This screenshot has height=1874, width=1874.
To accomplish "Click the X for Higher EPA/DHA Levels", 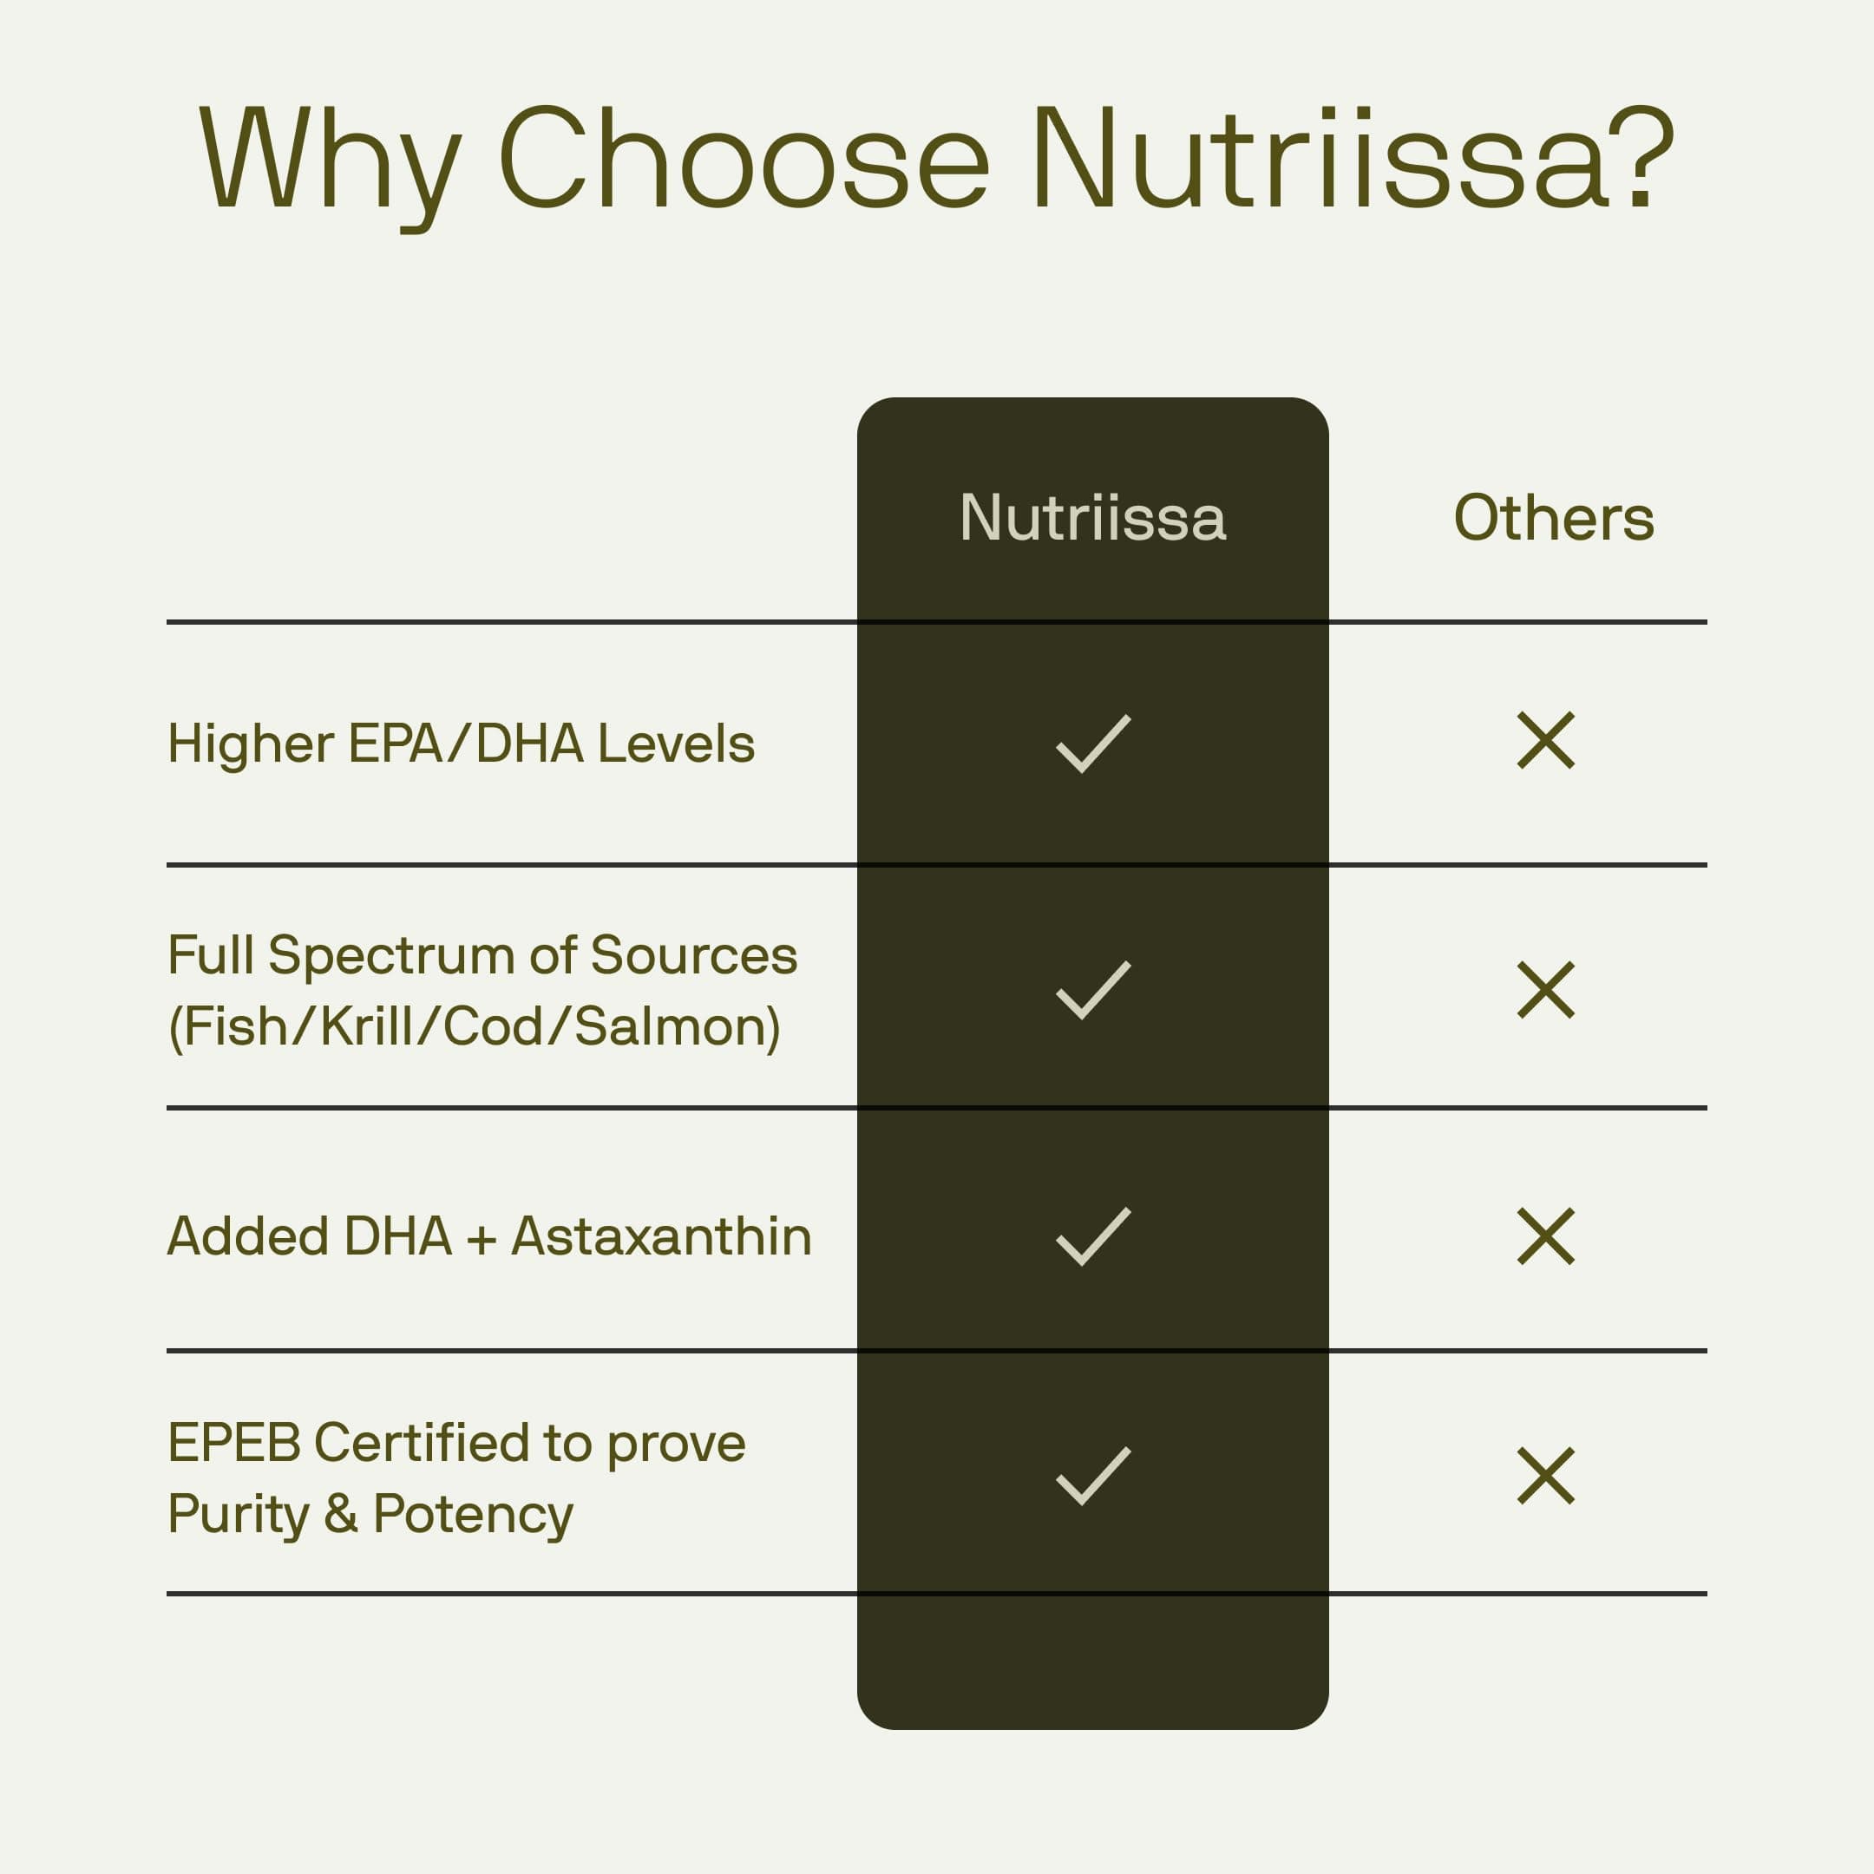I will [x=1545, y=741].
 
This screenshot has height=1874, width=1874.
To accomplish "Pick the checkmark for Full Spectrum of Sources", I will [x=1093, y=989].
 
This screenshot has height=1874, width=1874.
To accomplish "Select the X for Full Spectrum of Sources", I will [x=1545, y=989].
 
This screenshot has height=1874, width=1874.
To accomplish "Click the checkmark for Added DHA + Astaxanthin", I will [x=1093, y=1236].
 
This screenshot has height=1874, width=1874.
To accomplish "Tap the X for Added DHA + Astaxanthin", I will [x=1545, y=1236].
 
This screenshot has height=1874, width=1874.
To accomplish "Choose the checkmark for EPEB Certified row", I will [x=1093, y=1477].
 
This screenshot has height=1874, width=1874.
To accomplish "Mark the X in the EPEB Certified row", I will [x=1545, y=1477].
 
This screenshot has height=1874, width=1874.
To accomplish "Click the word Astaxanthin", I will [x=660, y=1236].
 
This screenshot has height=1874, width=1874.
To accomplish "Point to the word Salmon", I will [x=676, y=1026].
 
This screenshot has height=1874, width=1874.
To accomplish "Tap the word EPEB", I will [x=233, y=1442].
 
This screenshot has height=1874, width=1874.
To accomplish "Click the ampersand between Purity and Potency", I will [x=340, y=1514].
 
